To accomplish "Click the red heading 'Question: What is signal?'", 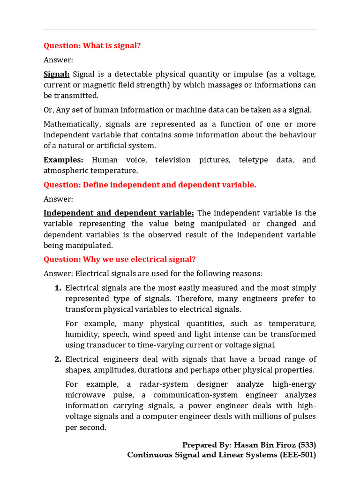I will click(x=92, y=45).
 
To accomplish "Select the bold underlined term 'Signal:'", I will click(x=56, y=74).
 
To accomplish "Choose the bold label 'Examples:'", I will click(x=63, y=160).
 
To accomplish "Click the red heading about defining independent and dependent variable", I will click(x=150, y=185).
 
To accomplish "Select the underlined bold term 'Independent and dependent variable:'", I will click(x=119, y=213).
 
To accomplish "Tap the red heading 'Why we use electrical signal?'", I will click(x=120, y=259).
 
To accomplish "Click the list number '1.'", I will click(x=58, y=288).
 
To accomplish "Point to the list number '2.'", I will click(x=58, y=359).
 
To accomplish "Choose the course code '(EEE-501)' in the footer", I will click(x=298, y=455).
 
